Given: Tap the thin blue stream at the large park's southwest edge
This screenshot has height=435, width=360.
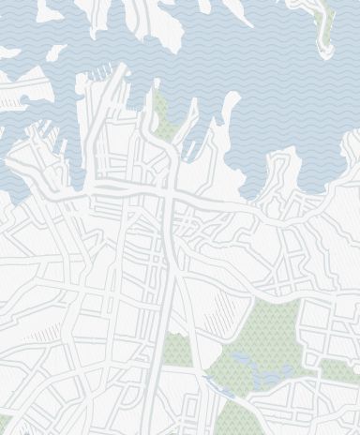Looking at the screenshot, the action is pos(212,380).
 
